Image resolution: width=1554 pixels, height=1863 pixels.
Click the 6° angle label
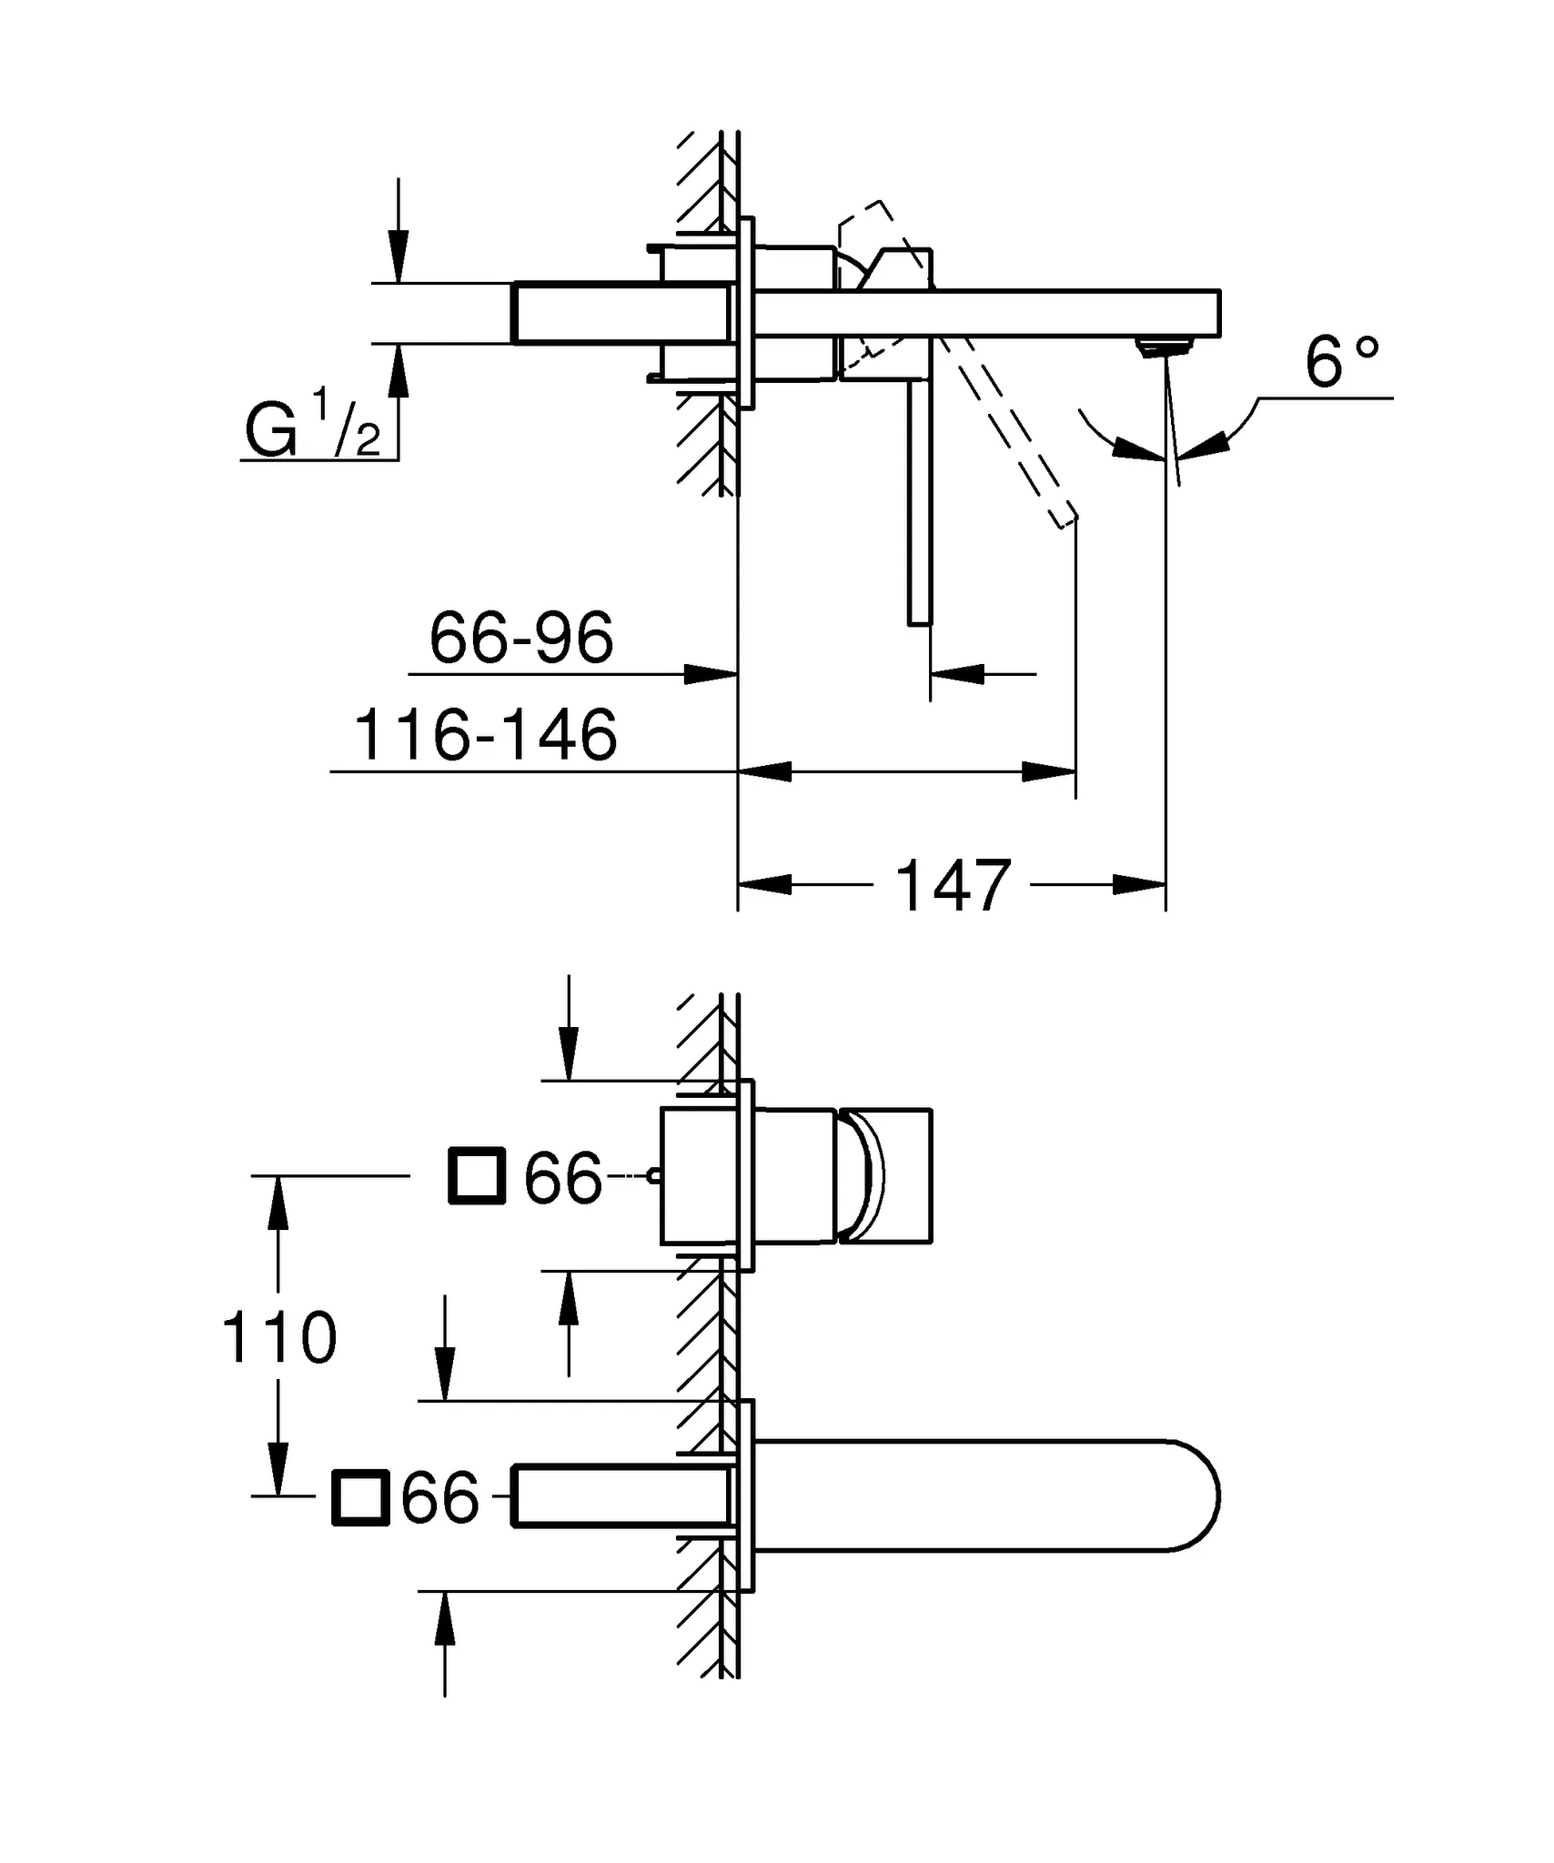[x=1341, y=361]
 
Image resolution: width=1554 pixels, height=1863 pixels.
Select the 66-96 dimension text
[x=521, y=638]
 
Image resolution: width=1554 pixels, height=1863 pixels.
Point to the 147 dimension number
[x=953, y=885]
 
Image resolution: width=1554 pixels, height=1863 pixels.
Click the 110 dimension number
[x=279, y=1338]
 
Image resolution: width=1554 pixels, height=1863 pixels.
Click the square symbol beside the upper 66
[x=477, y=1176]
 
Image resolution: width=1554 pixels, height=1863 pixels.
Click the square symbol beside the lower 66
[x=360, y=1496]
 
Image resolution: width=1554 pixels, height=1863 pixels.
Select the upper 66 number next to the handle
[x=563, y=1178]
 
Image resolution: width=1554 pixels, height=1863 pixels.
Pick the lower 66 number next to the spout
[x=439, y=1497]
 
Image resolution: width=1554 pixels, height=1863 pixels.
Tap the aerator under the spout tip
[x=1165, y=347]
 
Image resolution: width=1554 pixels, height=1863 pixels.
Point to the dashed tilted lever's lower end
[x=1065, y=519]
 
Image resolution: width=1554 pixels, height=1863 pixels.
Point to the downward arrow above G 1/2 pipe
[x=398, y=255]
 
